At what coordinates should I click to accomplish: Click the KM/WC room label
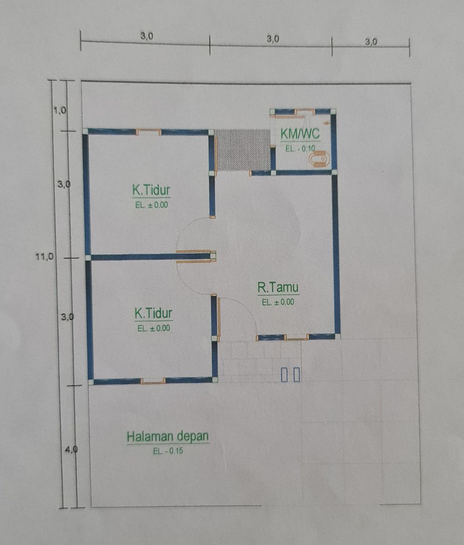(300, 134)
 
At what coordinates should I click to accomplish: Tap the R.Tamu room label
(278, 288)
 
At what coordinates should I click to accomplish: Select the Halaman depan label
(168, 436)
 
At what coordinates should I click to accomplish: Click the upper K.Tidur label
(151, 190)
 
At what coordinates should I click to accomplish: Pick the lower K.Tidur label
(154, 314)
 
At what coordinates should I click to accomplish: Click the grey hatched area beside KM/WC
(243, 150)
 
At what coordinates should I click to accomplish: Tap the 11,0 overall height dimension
(45, 256)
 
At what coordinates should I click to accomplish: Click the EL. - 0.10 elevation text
(300, 148)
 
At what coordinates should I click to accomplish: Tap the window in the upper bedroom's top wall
(149, 132)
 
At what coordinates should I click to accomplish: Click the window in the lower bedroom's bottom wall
(153, 381)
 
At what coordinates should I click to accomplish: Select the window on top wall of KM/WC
(305, 111)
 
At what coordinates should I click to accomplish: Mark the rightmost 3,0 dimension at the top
(371, 41)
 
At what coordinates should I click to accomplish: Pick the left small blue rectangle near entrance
(284, 375)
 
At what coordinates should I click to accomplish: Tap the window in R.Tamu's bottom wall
(296, 338)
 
